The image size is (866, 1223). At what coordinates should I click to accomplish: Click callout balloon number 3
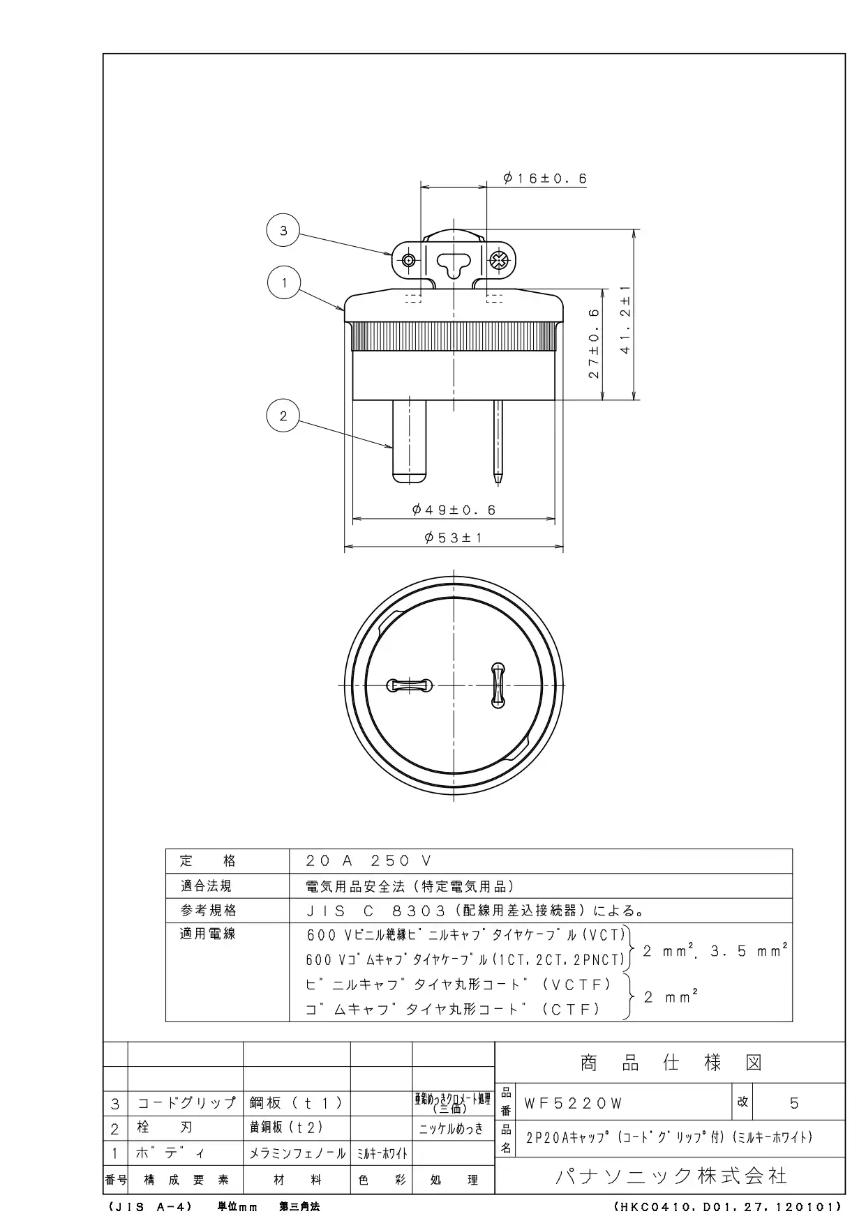[x=283, y=231]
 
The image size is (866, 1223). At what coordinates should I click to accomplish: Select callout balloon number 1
[x=283, y=283]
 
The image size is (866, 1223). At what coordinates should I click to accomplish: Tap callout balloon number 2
[x=283, y=416]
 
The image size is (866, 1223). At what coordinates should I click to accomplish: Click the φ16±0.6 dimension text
[x=545, y=178]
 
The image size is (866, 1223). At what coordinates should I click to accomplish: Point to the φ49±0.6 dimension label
[x=454, y=510]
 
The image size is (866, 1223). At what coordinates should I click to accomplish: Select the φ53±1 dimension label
[x=454, y=538]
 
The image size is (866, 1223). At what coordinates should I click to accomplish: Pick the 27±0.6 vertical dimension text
[x=594, y=344]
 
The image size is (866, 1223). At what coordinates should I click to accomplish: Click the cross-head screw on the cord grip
[x=498, y=261]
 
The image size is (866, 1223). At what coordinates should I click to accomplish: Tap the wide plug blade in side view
[x=409, y=440]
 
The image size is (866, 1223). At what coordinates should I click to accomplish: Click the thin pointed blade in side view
[x=498, y=441]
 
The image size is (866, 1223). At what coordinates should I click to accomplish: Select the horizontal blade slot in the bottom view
[x=409, y=686]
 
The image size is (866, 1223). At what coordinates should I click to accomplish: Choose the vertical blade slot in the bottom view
[x=498, y=685]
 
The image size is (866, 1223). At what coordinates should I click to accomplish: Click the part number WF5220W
[x=573, y=1103]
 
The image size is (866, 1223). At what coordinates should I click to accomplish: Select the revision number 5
[x=794, y=1103]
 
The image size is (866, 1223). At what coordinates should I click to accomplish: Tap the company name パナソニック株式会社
[x=671, y=1176]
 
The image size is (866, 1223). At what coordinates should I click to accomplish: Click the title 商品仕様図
[x=671, y=1063]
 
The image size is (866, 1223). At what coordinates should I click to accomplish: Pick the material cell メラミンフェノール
[x=297, y=1153]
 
